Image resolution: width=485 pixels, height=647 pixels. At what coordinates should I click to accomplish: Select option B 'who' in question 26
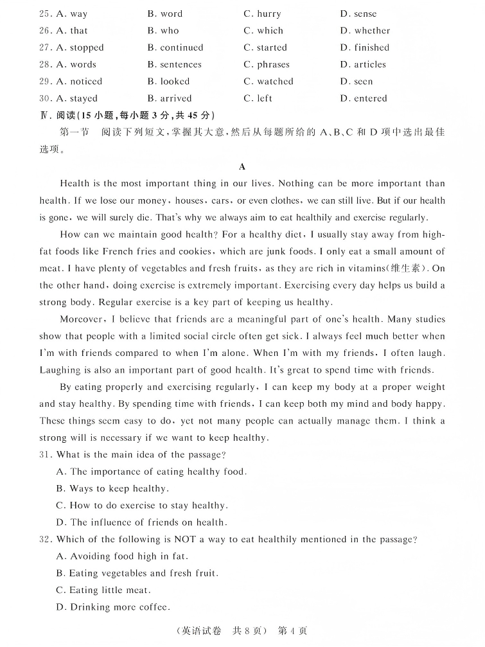163,30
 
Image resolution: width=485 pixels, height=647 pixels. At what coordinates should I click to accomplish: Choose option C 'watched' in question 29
269,82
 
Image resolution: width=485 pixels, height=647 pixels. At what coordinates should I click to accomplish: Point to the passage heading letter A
242,166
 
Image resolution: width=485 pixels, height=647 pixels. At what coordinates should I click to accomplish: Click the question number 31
46,455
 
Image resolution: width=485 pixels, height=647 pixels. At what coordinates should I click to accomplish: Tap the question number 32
46,540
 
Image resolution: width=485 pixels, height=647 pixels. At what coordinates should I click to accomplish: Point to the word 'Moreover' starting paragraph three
81,319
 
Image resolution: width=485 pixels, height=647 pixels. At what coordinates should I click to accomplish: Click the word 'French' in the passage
118,251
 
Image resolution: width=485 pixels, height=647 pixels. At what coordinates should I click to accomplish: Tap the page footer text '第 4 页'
292,631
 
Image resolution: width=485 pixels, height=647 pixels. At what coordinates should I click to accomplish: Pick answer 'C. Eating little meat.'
103,590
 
